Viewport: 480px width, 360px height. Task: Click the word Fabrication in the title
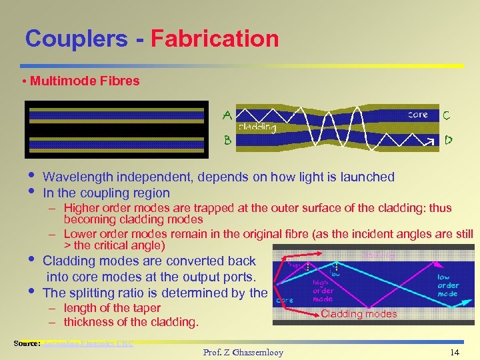[x=215, y=38]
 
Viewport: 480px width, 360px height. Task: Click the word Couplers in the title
[x=76, y=38]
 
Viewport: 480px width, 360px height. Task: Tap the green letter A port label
[x=227, y=115]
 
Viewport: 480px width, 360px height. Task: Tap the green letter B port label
[x=227, y=141]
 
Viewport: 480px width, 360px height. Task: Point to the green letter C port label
[x=447, y=115]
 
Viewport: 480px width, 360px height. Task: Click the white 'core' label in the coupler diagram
[x=418, y=115]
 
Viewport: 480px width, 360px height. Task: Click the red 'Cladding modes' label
[x=359, y=314]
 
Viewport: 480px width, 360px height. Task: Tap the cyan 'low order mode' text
[x=448, y=285]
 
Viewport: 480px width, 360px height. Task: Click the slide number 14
[x=455, y=352]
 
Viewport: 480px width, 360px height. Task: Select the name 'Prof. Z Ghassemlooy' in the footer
[x=243, y=352]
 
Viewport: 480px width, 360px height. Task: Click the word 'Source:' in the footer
[x=27, y=344]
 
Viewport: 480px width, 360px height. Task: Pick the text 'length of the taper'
[x=112, y=308]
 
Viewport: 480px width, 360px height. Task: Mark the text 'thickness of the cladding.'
[x=131, y=322]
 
